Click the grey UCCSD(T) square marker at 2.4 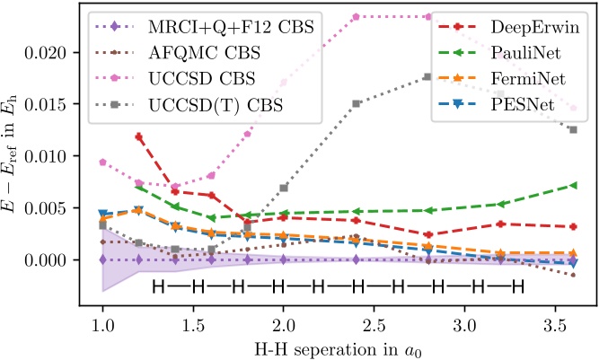[357, 104]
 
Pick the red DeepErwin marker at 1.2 [139, 136]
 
